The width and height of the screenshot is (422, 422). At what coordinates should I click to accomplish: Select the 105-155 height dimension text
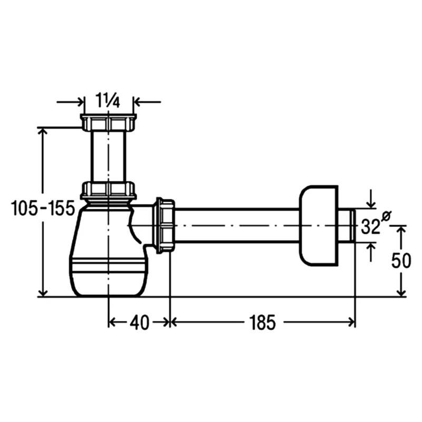click(x=43, y=208)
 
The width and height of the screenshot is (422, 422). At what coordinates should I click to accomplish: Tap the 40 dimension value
click(x=139, y=322)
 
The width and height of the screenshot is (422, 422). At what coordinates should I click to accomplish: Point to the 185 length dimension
click(x=262, y=322)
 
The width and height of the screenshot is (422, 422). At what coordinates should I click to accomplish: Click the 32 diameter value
click(x=371, y=226)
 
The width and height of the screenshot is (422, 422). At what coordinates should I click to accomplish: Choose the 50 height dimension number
click(x=401, y=260)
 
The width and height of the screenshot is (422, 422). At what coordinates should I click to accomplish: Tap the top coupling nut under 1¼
click(x=108, y=122)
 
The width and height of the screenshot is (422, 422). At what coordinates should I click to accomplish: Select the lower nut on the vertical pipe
click(x=108, y=190)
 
